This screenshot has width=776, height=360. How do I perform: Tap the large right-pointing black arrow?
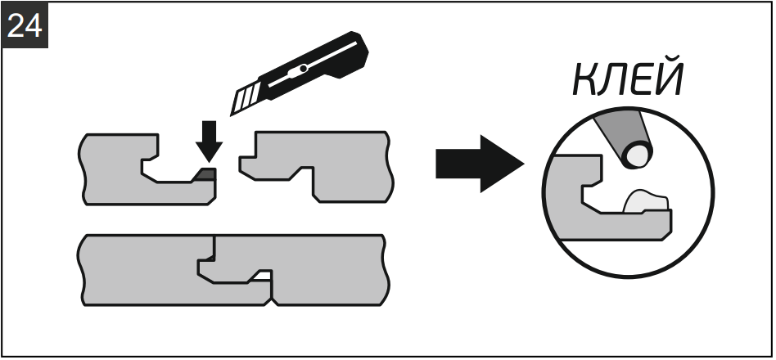[x=477, y=162]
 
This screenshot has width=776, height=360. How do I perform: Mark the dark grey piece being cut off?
[x=205, y=173]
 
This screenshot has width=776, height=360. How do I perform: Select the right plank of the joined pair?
[x=327, y=270]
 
